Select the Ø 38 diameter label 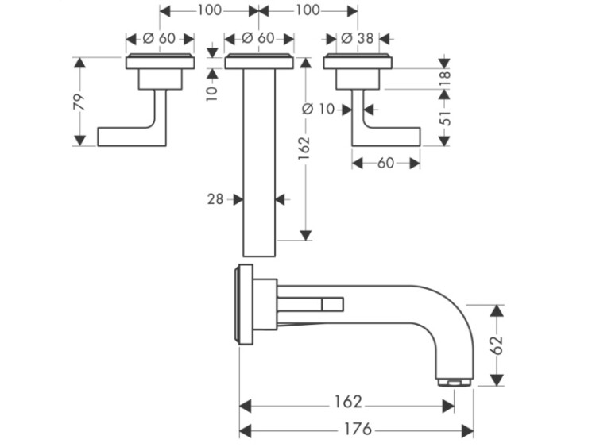pyautogui.click(x=356, y=38)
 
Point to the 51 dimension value pyautogui.click(x=445, y=117)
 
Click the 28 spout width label pyautogui.click(x=215, y=200)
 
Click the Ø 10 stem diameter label pyautogui.click(x=322, y=109)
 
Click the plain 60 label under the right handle pyautogui.click(x=385, y=163)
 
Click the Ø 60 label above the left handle pyautogui.click(x=159, y=38)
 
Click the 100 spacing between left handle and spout pyautogui.click(x=209, y=10)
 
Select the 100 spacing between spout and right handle pyautogui.click(x=307, y=10)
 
